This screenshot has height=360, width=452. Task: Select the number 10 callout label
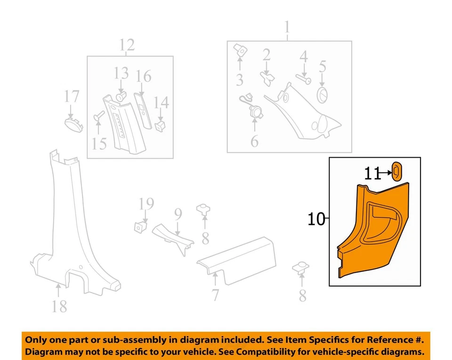[316, 219]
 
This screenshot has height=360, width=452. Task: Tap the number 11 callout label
[372, 174]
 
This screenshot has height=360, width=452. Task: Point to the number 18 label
[59, 306]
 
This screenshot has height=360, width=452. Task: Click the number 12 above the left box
[127, 45]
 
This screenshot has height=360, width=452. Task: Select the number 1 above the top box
[287, 29]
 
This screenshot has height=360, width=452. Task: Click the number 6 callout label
[254, 140]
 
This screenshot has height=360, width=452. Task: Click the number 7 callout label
[215, 296]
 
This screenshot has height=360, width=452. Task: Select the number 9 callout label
[178, 215]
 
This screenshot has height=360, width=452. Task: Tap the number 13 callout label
[121, 73]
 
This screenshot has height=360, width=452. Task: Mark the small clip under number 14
[161, 124]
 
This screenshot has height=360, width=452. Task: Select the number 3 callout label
[240, 80]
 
